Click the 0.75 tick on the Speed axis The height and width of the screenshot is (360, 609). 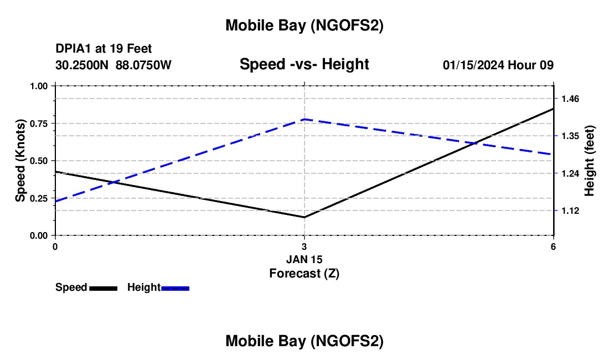(x=39, y=124)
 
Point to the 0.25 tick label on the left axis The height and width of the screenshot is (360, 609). (x=39, y=198)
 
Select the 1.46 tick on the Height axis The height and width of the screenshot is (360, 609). (x=570, y=99)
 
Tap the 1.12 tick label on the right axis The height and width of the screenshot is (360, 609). (x=570, y=210)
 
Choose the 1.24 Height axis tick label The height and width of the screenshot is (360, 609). (x=570, y=173)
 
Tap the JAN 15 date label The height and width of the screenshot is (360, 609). (x=304, y=259)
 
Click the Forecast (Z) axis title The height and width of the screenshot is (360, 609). (x=304, y=273)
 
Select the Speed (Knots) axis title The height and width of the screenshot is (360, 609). (x=20, y=161)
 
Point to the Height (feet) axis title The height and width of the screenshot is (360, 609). (x=590, y=161)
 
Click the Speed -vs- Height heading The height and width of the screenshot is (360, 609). (x=304, y=65)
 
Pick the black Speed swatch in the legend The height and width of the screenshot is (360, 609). (x=104, y=288)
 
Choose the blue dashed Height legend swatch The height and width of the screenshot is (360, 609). (x=176, y=288)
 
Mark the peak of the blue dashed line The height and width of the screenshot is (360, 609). (x=304, y=119)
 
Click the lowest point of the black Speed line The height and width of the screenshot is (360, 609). (x=304, y=217)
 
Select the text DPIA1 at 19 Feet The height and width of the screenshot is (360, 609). (x=104, y=49)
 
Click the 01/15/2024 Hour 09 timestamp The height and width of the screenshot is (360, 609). (x=498, y=65)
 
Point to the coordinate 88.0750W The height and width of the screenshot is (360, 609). (x=143, y=65)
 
